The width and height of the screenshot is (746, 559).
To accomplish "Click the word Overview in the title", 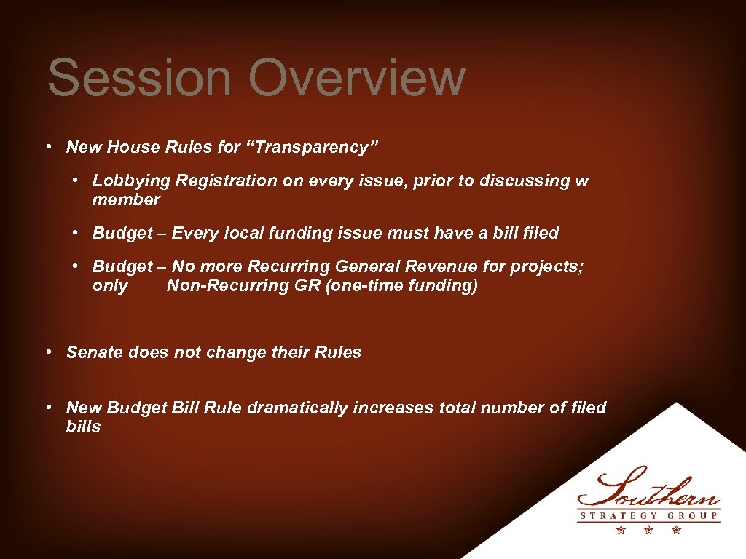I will (357, 78).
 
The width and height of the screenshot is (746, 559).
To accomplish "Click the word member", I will (126, 199).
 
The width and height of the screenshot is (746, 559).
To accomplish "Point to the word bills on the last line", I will (83, 427).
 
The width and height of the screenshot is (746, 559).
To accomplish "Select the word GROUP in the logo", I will (693, 517).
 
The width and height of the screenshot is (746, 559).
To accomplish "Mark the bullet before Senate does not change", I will (47, 352).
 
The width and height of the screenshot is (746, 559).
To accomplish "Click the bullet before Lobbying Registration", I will (75, 181).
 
